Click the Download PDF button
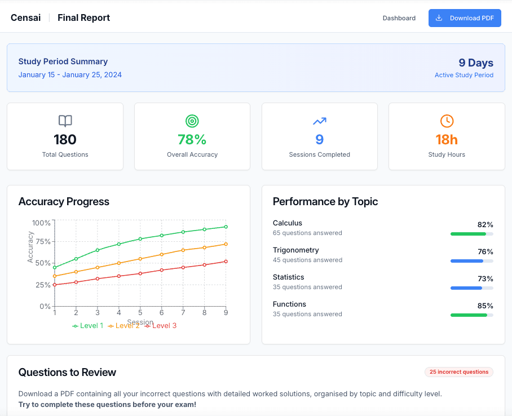point(465,18)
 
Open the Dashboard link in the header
point(399,18)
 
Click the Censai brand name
point(25,18)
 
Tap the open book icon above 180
point(65,121)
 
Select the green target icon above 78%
point(192,121)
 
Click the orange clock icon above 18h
point(447,121)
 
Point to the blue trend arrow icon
point(320,121)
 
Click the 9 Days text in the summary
point(475,63)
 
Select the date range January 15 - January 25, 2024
point(70,75)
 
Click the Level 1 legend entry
point(88,326)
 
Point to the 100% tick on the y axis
point(41,223)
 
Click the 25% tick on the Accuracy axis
point(43,285)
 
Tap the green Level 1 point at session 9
point(226,227)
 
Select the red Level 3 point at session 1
point(55,285)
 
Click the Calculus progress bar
point(471,234)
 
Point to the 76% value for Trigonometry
point(485,251)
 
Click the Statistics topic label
point(288,277)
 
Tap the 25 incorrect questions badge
point(458,372)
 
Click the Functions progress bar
point(471,315)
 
